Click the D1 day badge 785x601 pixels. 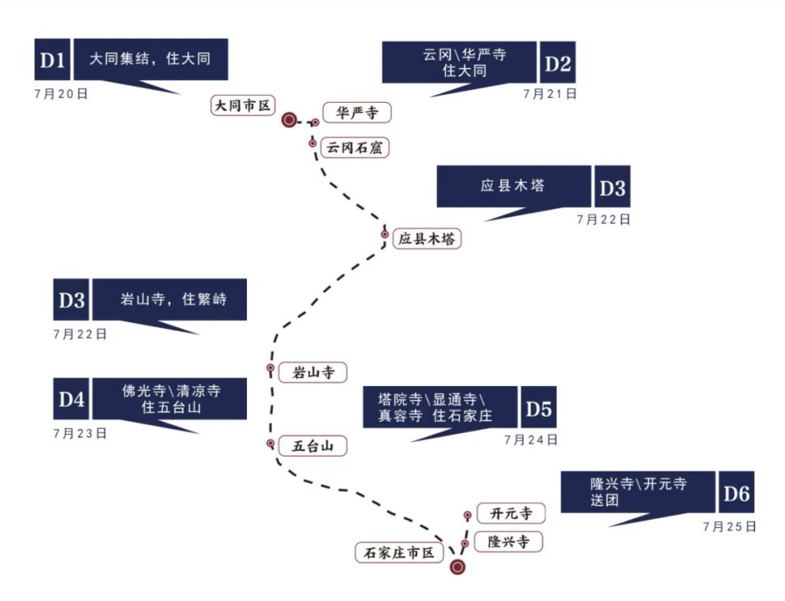(52, 60)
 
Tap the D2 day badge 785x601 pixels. (558, 64)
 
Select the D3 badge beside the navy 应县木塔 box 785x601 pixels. (612, 188)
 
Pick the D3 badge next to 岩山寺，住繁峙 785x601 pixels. (71, 300)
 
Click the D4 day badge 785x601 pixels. (71, 399)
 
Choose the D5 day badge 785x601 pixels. (539, 408)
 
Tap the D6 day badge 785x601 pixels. (736, 494)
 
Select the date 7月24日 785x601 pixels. (532, 439)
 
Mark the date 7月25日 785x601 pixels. (729, 526)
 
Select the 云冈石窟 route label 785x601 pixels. (355, 147)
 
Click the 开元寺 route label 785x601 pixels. (511, 514)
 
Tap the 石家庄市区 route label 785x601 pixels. (399, 552)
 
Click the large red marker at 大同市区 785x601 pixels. (289, 120)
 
